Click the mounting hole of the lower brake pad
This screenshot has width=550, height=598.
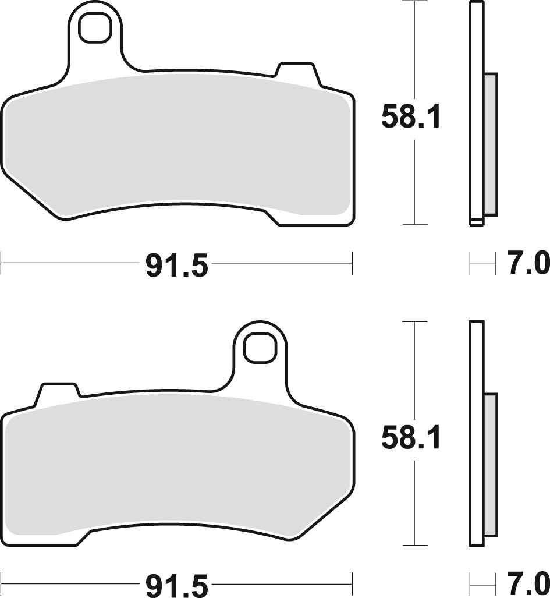[x=258, y=348]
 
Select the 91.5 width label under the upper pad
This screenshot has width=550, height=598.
[x=176, y=267]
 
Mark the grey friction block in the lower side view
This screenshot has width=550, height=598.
[x=491, y=464]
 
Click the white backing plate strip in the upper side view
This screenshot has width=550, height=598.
[x=476, y=111]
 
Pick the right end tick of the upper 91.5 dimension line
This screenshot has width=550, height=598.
[x=352, y=263]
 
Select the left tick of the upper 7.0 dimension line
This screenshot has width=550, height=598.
[x=470, y=263]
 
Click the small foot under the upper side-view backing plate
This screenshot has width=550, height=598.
[x=476, y=222]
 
